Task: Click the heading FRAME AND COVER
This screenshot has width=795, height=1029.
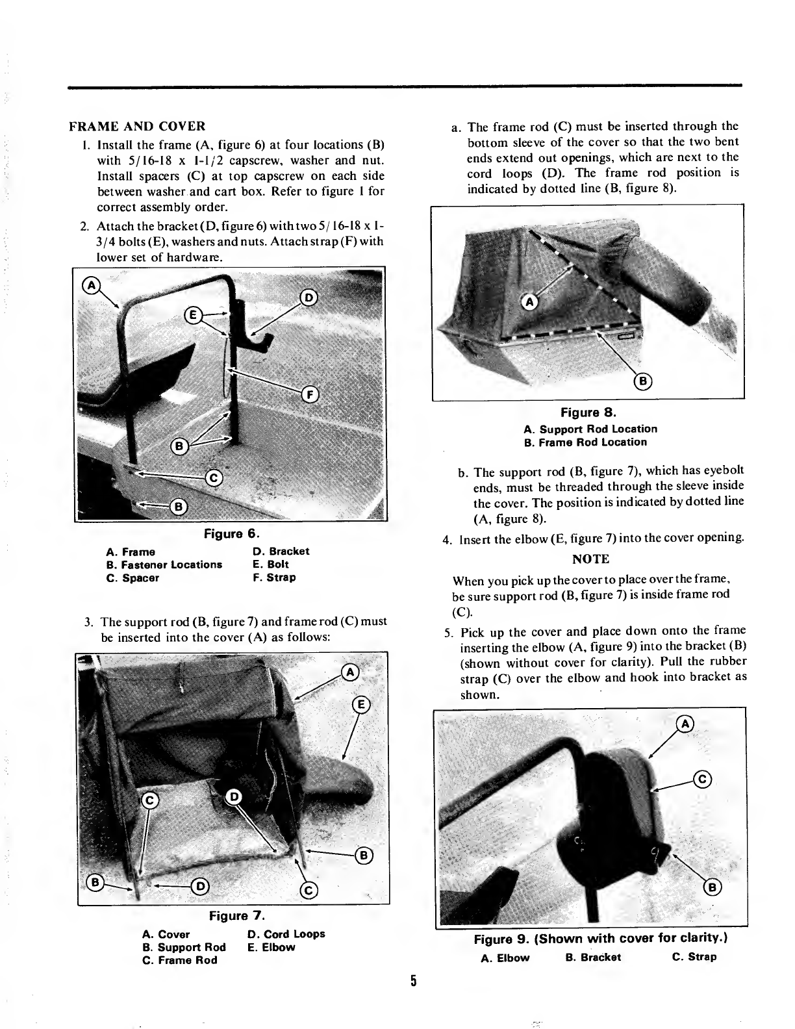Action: tap(137, 127)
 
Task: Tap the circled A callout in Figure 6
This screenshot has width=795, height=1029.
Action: tap(91, 285)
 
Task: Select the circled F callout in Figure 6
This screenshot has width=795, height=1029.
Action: tap(310, 394)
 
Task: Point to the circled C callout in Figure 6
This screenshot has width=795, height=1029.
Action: tap(214, 478)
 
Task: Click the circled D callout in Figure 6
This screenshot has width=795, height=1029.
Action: tap(309, 298)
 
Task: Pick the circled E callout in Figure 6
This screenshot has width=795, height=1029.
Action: tap(193, 315)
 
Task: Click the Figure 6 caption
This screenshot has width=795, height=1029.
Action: tap(231, 534)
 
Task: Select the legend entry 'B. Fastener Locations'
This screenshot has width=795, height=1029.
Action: tap(164, 565)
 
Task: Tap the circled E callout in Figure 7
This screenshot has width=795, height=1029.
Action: tap(361, 705)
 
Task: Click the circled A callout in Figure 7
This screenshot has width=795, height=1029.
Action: tap(350, 672)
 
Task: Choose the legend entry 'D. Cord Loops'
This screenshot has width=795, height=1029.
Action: tap(286, 934)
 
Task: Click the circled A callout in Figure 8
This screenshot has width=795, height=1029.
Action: tap(529, 301)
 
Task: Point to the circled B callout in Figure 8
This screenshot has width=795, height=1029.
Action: tap(643, 381)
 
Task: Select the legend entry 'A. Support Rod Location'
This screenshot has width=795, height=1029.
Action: tap(590, 429)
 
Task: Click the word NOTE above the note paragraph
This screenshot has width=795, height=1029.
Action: tap(590, 559)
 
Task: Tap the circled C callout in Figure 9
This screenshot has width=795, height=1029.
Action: tap(702, 779)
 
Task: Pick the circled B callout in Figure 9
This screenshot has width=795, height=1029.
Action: tap(713, 887)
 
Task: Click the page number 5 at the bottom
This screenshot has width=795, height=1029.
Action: tap(413, 980)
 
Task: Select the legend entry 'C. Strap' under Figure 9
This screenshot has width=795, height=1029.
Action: tap(694, 956)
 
